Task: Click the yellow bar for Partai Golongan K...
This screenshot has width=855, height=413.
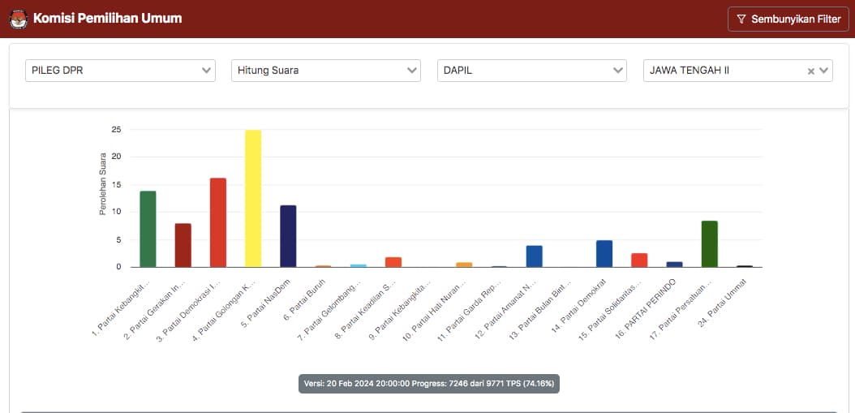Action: (x=253, y=199)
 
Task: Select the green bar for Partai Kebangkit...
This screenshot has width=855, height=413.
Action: (x=148, y=229)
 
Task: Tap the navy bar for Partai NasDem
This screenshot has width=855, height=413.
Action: (x=288, y=236)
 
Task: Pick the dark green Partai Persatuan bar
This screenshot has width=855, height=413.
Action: (x=709, y=243)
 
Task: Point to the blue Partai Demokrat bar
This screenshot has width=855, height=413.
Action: (x=604, y=253)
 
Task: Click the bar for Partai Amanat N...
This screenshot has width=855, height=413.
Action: (x=534, y=256)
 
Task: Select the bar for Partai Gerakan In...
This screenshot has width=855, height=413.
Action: (x=183, y=245)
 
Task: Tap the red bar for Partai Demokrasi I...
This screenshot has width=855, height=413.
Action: (x=218, y=222)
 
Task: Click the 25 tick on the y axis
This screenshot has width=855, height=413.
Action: (x=117, y=129)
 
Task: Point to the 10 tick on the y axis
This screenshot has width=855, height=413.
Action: (x=117, y=212)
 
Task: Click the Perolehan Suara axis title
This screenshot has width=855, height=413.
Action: (x=103, y=186)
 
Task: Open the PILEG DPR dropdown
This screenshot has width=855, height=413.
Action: (x=120, y=71)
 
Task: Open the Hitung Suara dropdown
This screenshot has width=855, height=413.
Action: (x=326, y=71)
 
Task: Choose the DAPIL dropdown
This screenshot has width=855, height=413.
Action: (x=532, y=71)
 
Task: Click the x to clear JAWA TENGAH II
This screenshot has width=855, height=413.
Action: (x=810, y=71)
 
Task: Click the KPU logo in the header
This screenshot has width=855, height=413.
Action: (x=18, y=19)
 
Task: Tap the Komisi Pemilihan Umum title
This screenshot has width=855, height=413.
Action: (x=107, y=18)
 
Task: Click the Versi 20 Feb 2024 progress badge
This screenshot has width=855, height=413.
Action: (x=428, y=383)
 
